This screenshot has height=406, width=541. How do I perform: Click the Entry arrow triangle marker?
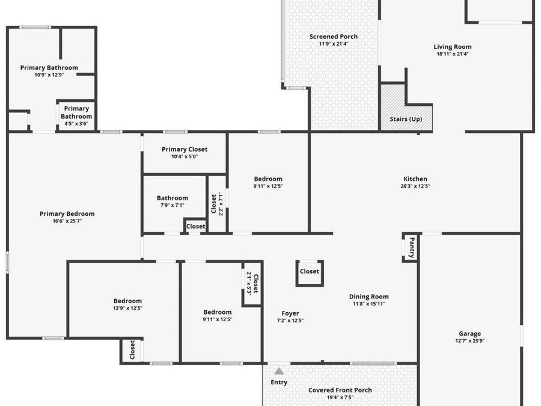point(279,371)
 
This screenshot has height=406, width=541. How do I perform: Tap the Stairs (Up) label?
point(406,119)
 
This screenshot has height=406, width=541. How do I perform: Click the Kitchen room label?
point(415,179)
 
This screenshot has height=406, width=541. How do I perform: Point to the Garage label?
point(469,334)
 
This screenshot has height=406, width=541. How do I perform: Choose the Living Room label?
point(453,46)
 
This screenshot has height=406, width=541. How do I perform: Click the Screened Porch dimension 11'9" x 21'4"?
point(333,44)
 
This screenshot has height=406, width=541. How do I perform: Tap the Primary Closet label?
point(185,149)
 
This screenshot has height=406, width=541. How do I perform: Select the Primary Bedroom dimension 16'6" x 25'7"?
point(67,221)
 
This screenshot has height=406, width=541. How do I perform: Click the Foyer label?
point(290,313)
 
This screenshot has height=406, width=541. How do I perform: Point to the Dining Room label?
point(369,297)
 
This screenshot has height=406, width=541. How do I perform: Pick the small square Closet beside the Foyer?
point(310,271)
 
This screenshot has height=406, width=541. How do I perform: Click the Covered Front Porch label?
point(340,390)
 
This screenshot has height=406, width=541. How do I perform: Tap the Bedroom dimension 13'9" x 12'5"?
point(128,309)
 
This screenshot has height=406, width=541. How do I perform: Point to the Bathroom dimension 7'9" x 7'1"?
point(173,206)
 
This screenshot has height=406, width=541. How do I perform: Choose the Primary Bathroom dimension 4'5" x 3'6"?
point(76,124)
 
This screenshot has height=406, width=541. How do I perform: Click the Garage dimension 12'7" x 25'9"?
point(469,341)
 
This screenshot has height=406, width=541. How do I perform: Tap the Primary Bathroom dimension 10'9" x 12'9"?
point(49,75)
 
